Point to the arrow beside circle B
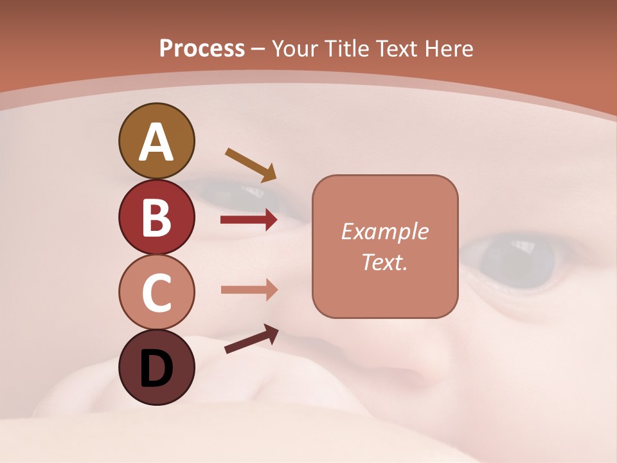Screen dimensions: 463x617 [x=249, y=220]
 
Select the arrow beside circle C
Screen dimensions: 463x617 [x=249, y=289]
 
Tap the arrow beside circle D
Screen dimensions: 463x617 [x=251, y=339]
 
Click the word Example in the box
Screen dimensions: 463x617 [x=384, y=232]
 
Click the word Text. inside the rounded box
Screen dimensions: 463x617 [x=384, y=262]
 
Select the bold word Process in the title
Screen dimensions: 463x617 [x=202, y=48]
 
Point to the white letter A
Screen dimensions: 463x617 [x=156, y=142]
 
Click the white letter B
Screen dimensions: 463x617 [x=156, y=217]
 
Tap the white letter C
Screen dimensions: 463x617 [x=156, y=293]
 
